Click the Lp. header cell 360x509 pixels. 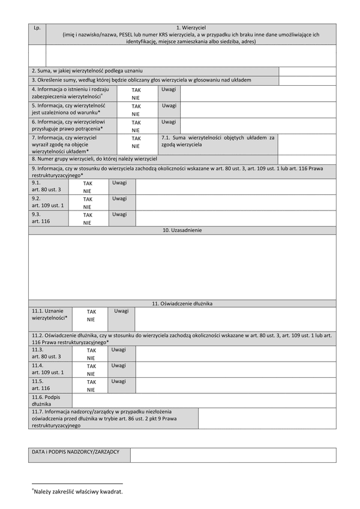tap(37, 28)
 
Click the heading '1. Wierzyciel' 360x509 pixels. tap(191, 28)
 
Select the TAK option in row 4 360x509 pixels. tap(136, 89)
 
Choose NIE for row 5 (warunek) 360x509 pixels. tap(136, 114)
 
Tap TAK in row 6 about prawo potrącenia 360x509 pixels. tap(136, 122)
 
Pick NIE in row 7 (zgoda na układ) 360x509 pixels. tap(136, 146)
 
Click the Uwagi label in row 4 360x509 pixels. tap(169, 89)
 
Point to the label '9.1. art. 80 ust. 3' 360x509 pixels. tap(47, 186)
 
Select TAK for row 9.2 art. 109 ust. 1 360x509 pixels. tap(88, 199)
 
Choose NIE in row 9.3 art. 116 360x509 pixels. tap(88, 222)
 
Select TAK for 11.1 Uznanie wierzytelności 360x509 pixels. tap(91, 312)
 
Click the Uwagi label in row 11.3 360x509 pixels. tap(119, 350)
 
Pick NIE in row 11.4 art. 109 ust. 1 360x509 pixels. tap(91, 374)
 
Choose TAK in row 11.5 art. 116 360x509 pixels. tap(91, 382)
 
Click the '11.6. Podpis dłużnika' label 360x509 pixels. tap(45, 400)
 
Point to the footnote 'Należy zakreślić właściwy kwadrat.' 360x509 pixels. tap(78, 492)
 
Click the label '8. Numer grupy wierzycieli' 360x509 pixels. tap(94, 159)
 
